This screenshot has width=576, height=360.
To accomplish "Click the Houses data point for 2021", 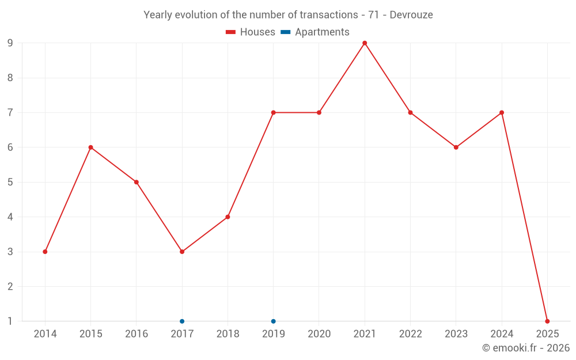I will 365,43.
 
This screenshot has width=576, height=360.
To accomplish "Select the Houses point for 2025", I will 547,321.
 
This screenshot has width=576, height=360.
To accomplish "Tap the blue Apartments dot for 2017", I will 182,321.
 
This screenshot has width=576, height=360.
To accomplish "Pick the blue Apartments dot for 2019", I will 274,321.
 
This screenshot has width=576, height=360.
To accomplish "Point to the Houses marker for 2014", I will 45,252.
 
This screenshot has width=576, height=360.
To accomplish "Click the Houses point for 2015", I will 90,147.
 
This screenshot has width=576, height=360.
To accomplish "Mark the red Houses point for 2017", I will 182,252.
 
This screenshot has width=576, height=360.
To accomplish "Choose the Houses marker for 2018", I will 228,217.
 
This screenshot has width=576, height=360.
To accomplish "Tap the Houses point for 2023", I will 456,147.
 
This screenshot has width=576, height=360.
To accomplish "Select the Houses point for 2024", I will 502,112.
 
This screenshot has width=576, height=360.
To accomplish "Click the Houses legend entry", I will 251,32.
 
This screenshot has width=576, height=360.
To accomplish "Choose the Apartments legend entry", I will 315,32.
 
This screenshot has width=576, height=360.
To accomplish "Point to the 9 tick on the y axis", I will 10,43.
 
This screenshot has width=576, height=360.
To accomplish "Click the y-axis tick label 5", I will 10,182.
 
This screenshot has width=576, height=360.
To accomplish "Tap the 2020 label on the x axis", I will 319,334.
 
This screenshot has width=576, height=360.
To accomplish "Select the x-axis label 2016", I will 137,334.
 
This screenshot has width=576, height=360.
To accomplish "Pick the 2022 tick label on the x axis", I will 410,334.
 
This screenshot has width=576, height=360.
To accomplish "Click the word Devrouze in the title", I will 411,15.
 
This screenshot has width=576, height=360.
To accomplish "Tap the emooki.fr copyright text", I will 526,348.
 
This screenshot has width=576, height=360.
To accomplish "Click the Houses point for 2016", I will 137,182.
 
